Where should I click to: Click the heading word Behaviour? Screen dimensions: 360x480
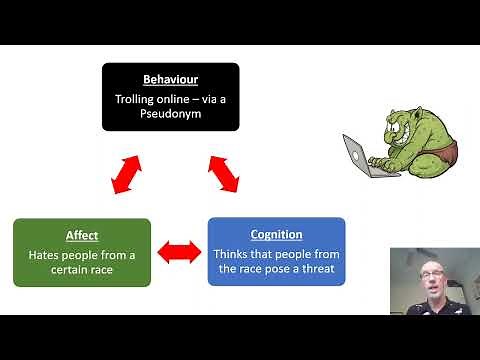170,78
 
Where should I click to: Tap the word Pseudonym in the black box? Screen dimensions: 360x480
170,114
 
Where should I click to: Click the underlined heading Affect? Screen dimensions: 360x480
82,235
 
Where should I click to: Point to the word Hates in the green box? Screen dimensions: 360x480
46,254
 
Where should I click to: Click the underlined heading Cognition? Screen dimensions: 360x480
276,235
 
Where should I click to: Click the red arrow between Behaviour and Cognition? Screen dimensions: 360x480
225,173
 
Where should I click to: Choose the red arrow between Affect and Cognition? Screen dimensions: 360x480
179,252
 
